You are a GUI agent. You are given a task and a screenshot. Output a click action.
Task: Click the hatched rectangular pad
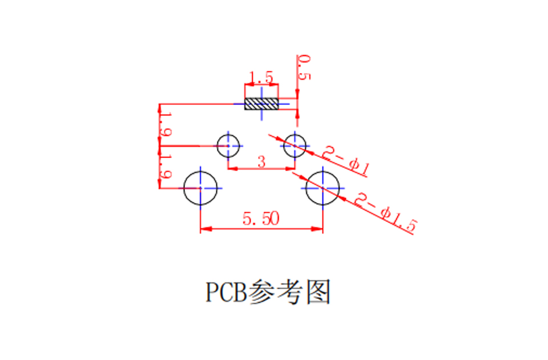261,104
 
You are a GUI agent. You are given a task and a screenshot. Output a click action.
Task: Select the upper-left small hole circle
217,146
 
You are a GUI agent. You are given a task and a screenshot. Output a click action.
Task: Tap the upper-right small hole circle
284,146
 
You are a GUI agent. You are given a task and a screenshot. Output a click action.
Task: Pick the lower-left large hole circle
184,188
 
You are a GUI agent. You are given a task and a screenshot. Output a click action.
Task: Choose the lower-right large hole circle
306,188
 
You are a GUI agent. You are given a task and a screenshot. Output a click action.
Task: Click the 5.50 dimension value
261,219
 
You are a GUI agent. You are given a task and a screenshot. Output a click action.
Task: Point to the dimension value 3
261,161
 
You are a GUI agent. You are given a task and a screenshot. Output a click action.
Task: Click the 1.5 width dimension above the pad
261,77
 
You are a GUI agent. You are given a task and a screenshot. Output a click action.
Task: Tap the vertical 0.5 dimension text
303,67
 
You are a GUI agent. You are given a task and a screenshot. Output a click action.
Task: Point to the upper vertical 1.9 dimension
166,124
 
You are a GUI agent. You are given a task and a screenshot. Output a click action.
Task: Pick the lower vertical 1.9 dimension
166,167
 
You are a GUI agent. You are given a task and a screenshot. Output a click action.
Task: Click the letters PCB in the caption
226,292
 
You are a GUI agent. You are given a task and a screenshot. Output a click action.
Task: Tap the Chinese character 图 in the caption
319,292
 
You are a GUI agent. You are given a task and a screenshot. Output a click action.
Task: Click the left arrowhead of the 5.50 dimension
206,229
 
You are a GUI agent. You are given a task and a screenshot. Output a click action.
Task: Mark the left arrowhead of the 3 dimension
233,169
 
